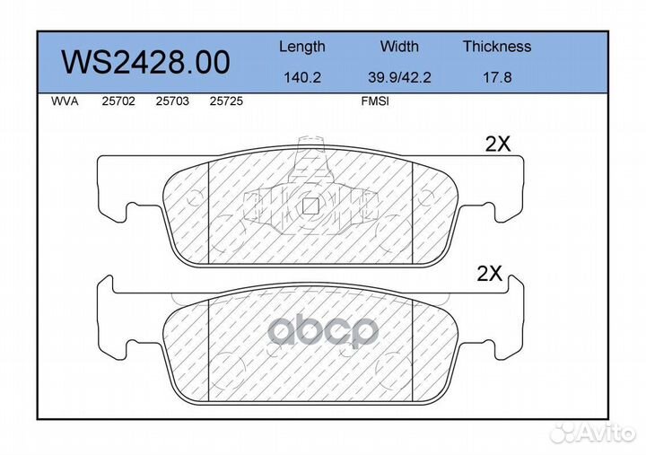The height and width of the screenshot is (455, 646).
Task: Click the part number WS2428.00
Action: tap(145, 62)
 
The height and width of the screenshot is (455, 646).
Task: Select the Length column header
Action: tap(302, 47)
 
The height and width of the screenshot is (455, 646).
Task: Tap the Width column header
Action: tap(399, 46)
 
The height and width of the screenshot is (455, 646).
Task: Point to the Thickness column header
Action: tap(497, 46)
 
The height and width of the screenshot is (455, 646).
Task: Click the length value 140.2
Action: tap(302, 77)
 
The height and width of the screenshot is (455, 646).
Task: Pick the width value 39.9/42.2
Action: tap(399, 77)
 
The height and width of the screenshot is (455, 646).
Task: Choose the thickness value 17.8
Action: tap(497, 77)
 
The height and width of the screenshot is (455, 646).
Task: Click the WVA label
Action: tap(65, 101)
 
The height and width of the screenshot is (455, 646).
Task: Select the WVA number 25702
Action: tap(118, 101)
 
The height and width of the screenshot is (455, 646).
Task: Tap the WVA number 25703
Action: tap(172, 101)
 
